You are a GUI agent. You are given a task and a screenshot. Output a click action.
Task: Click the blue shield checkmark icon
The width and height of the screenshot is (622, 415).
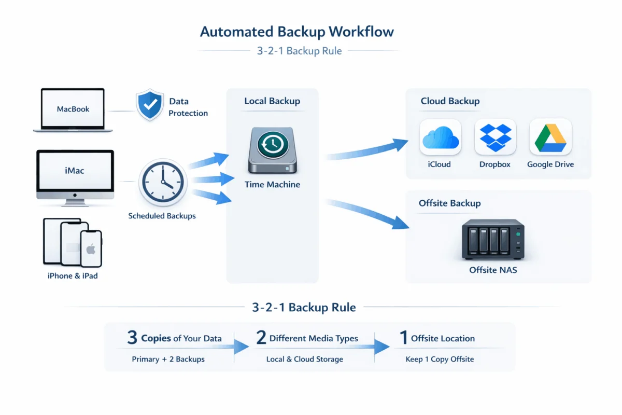point(150,105)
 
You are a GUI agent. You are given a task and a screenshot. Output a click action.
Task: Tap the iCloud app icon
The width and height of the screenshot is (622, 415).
point(440,137)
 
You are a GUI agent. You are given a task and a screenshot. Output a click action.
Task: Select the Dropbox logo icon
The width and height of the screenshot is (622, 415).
point(495,137)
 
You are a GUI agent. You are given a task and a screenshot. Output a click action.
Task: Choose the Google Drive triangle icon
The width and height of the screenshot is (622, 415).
point(550,137)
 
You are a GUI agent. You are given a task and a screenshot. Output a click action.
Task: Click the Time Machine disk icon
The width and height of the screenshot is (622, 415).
point(273,151)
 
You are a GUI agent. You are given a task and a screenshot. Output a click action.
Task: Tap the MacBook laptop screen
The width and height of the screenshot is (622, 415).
point(73,109)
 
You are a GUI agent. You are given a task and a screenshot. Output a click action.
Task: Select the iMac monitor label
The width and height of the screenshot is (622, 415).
point(75,170)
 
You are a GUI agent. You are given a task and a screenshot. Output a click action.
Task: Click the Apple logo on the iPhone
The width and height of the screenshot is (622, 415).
point(91,250)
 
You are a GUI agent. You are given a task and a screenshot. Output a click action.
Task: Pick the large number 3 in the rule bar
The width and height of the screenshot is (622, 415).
point(132,338)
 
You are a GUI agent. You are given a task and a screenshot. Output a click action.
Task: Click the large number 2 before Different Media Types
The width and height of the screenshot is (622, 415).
point(261,338)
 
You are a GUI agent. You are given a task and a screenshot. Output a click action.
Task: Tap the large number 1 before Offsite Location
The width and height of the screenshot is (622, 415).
point(403,338)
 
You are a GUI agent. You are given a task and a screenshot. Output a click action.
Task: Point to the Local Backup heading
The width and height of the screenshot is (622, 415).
point(272,101)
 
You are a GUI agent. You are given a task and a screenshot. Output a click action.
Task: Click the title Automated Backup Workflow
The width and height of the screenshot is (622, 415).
point(297,32)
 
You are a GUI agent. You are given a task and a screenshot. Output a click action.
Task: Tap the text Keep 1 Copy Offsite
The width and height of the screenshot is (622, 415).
point(440,359)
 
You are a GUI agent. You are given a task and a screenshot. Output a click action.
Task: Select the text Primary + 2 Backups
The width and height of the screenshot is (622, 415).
point(168,359)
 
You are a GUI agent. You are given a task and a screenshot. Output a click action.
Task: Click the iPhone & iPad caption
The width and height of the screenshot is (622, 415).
point(73,276)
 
